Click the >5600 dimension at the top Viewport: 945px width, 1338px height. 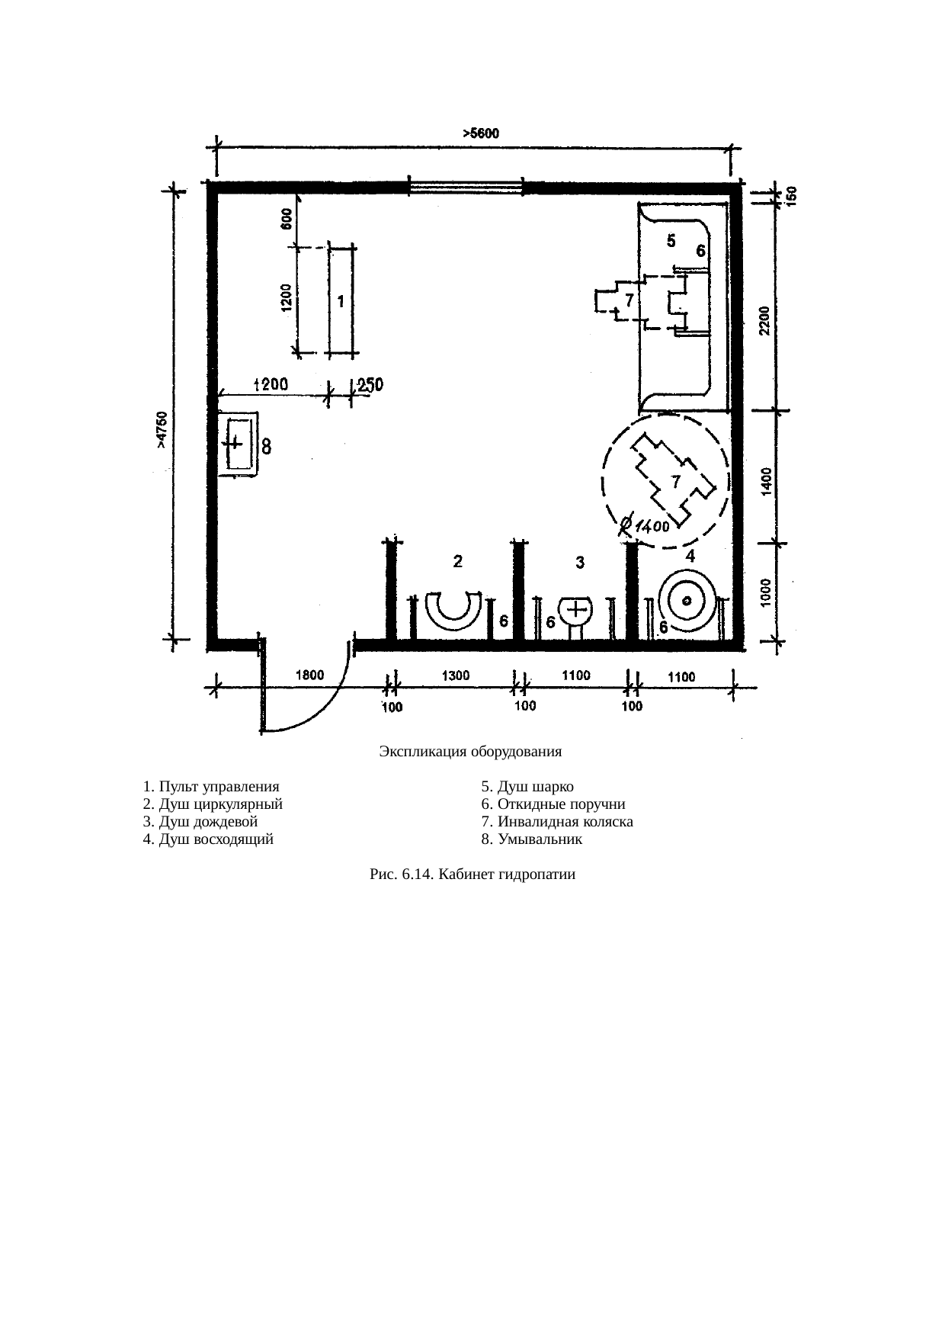481,133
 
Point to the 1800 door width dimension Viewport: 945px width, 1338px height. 310,674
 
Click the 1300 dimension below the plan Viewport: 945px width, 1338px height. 456,675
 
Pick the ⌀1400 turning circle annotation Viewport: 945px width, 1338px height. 644,525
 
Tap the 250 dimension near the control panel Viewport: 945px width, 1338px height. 370,386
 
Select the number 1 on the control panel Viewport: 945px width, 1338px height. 341,302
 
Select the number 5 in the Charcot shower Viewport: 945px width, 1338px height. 671,241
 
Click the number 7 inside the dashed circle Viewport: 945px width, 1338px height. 674,481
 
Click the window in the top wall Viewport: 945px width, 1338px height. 466,187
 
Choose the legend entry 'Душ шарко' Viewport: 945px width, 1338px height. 527,787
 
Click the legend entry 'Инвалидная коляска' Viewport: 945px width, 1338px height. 557,822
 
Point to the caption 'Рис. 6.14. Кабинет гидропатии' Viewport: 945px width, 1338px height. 472,874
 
